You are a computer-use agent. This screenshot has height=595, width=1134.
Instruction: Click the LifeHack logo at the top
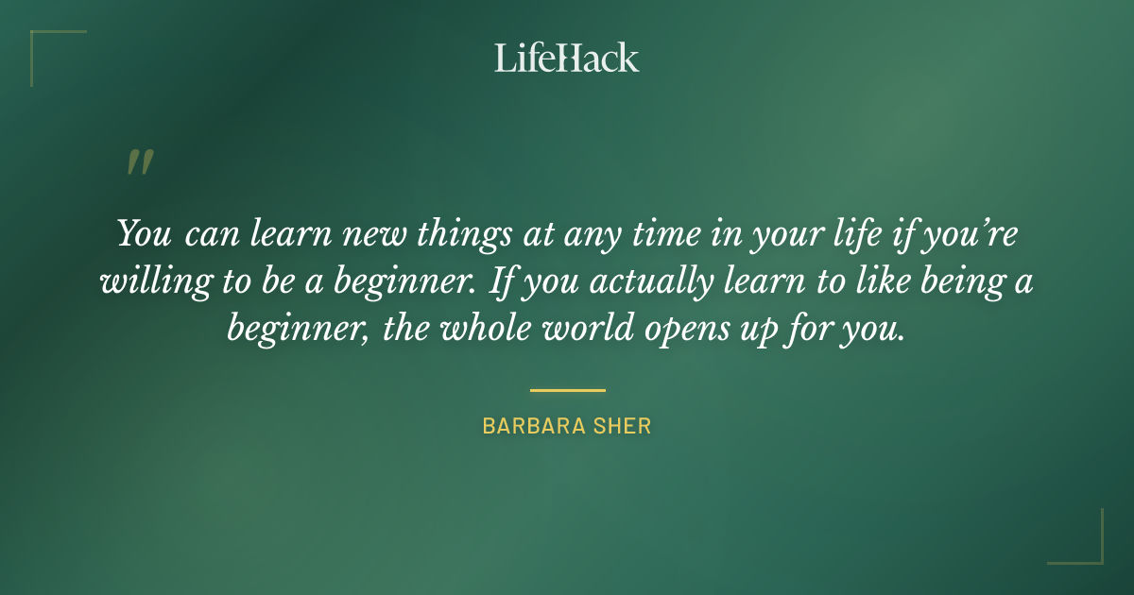click(x=567, y=58)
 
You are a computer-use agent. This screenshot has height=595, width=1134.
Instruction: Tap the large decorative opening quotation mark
click(x=139, y=163)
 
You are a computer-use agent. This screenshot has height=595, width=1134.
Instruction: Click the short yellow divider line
click(x=567, y=389)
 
